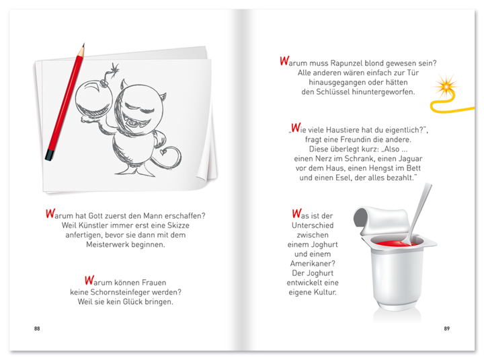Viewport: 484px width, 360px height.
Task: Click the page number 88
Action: [x=37, y=328]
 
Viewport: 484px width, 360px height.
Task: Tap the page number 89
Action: [x=446, y=328]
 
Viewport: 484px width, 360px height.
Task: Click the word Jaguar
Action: [x=409, y=159]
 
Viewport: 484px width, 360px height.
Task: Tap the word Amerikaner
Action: [x=313, y=264]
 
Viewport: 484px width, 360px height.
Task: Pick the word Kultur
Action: [x=325, y=292]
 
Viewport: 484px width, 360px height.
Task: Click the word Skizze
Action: [x=178, y=225]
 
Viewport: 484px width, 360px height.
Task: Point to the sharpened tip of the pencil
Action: [x=83, y=45]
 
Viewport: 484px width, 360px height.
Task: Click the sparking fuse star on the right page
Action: [x=446, y=86]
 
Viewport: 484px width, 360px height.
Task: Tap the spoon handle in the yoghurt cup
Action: [x=419, y=210]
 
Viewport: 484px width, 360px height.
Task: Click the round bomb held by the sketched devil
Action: [x=94, y=98]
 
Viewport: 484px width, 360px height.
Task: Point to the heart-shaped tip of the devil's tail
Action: [x=163, y=151]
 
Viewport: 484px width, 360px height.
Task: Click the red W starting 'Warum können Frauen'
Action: [x=89, y=281]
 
